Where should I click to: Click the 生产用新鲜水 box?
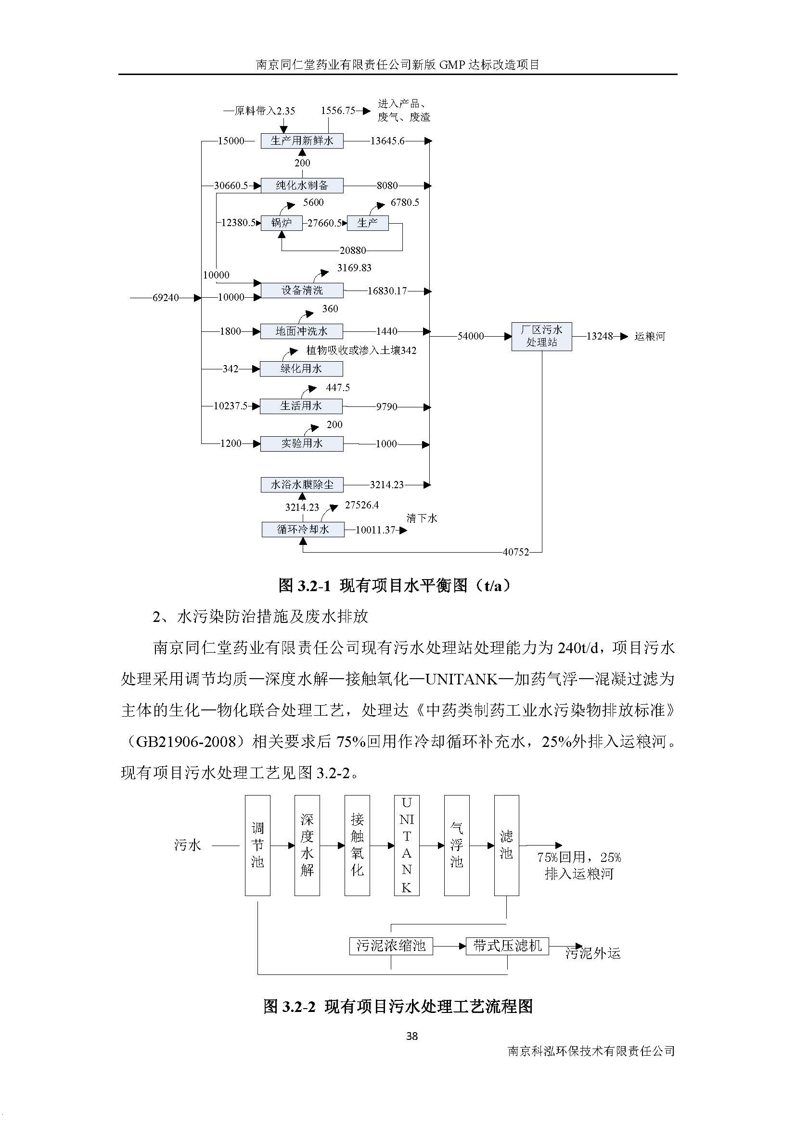[x=301, y=141]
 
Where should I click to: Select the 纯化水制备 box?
[x=301, y=186]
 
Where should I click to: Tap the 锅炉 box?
[x=282, y=223]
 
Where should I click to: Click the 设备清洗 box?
[x=301, y=291]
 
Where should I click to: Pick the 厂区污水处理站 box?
[x=541, y=336]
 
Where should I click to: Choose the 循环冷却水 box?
[x=302, y=530]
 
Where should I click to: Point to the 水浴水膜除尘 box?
[x=301, y=485]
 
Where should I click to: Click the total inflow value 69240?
[x=165, y=298]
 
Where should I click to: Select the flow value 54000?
[x=471, y=336]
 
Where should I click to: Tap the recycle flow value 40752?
[x=515, y=552]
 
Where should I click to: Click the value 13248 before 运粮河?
[x=600, y=336]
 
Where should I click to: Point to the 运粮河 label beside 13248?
[x=649, y=337]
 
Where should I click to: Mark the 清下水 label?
[x=422, y=518]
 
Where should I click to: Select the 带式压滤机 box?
[x=507, y=946]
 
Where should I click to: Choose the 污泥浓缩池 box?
[x=391, y=946]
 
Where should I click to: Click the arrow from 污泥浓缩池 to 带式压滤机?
[x=449, y=946]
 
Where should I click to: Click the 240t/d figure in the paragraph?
[x=578, y=648]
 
